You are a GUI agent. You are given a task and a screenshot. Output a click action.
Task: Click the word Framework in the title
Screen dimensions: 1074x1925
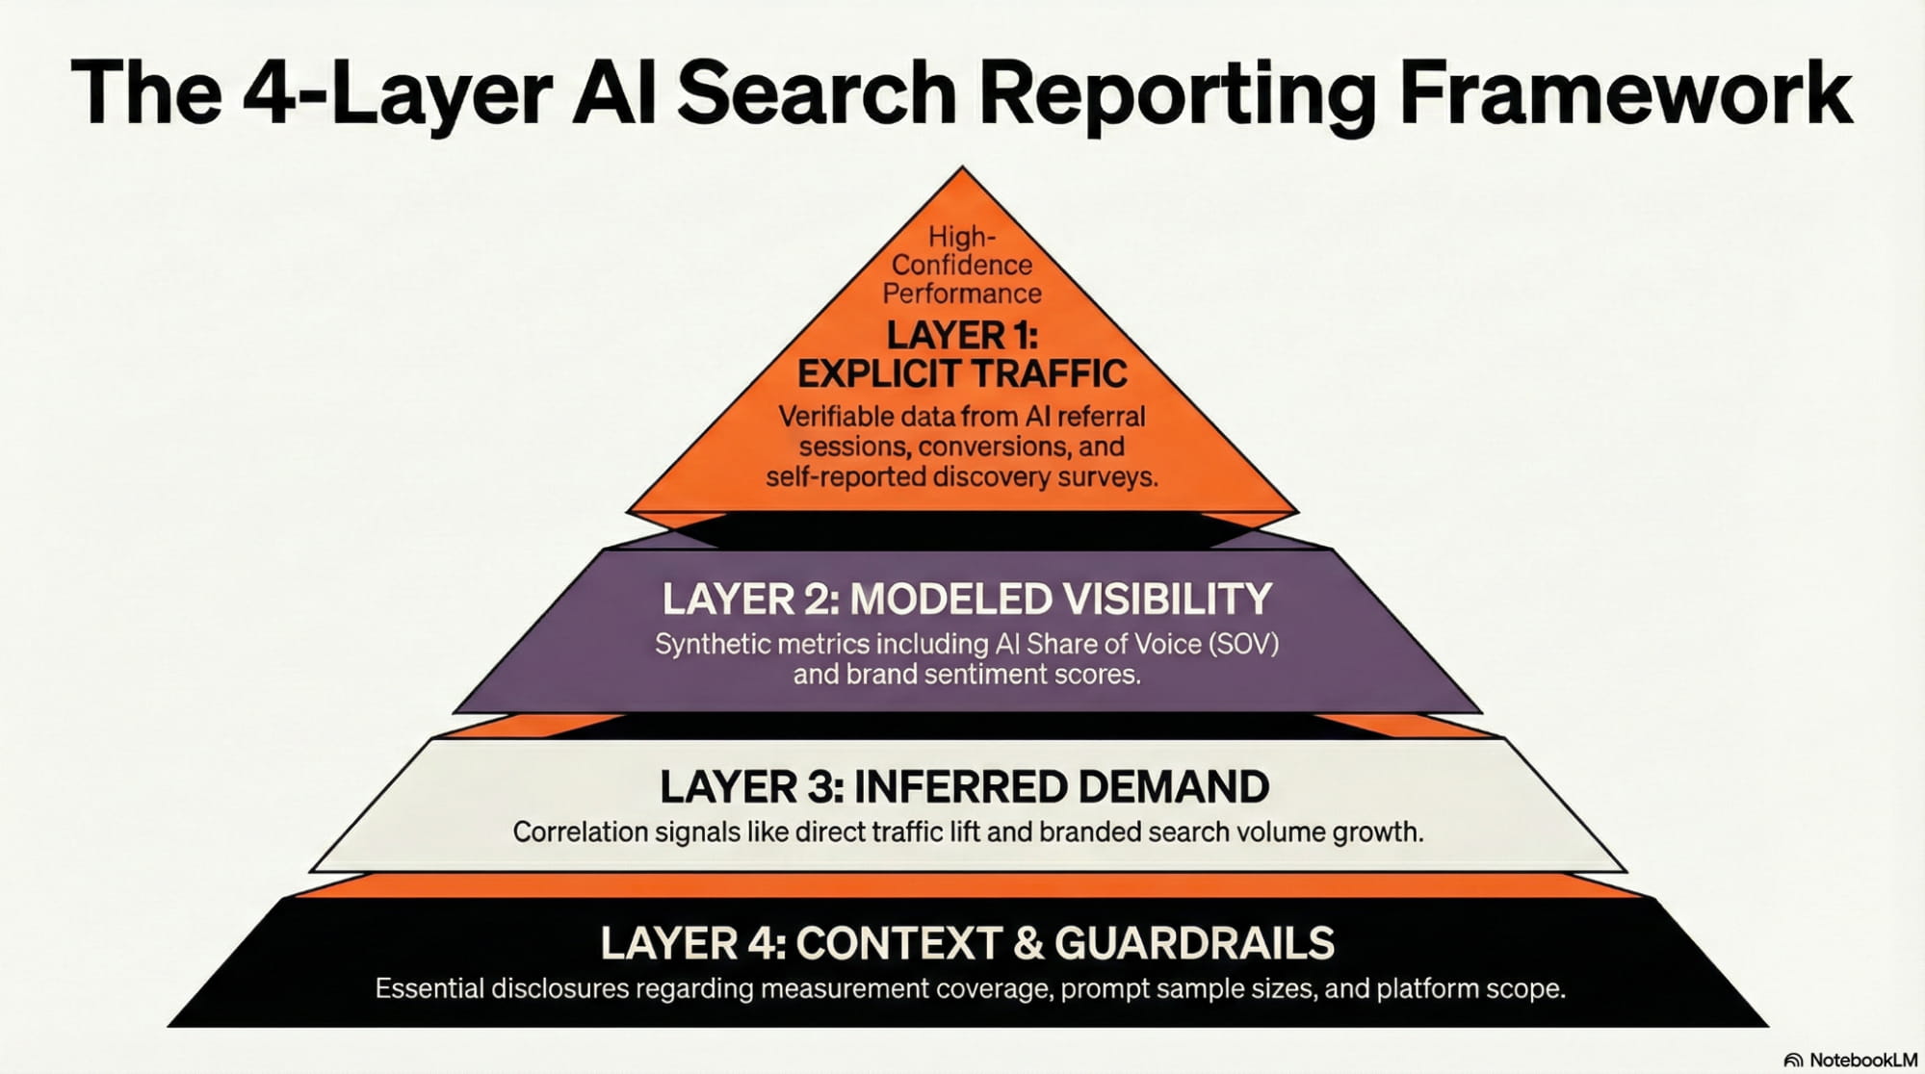[1626, 93]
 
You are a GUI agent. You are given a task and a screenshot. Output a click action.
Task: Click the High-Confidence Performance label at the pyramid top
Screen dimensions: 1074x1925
[961, 265]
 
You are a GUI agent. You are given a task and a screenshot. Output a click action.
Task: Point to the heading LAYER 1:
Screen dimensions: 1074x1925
[961, 336]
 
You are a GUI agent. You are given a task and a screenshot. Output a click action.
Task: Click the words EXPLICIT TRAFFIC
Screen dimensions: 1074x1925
[961, 373]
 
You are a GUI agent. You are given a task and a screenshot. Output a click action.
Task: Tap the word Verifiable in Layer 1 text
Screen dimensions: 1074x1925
[835, 417]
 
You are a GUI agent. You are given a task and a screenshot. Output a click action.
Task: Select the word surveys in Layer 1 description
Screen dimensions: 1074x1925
[1106, 476]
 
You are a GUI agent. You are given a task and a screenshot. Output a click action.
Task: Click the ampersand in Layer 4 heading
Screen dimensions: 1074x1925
[1028, 943]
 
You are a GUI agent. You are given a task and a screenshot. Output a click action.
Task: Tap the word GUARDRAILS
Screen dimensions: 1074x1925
[1194, 943]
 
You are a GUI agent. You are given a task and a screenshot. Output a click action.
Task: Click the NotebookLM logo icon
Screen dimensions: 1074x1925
[1793, 1060]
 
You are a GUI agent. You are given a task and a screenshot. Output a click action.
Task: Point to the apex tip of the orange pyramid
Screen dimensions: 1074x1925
[961, 169]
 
